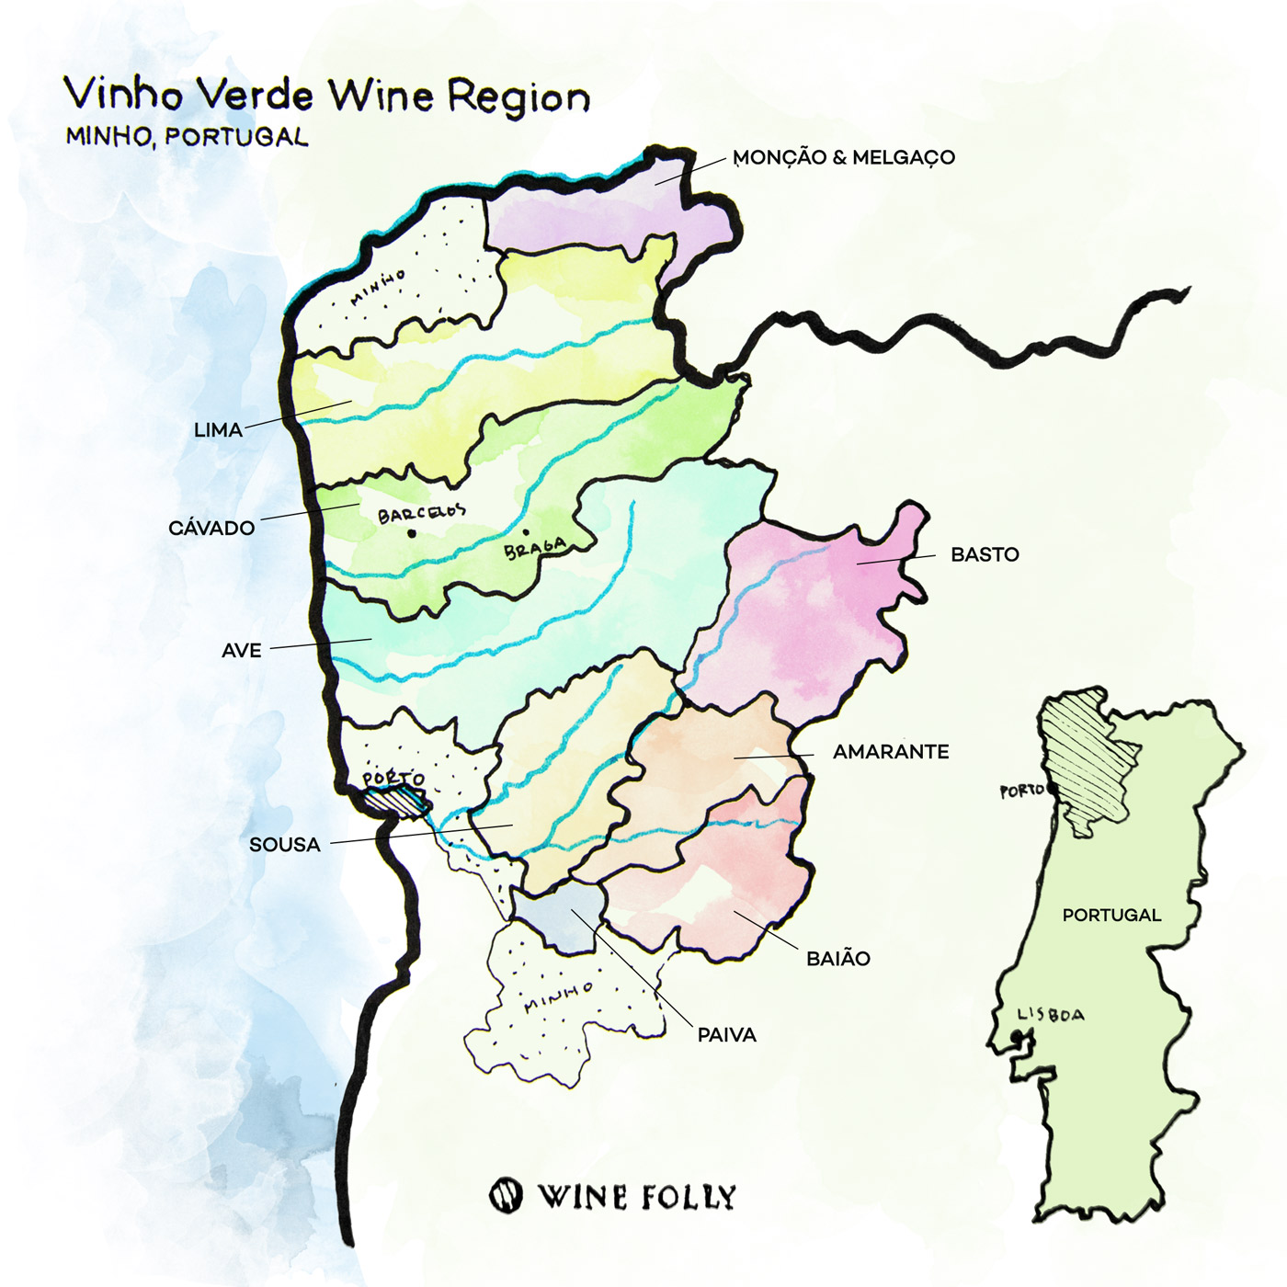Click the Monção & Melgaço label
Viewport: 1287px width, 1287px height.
844,157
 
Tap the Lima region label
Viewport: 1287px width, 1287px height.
218,429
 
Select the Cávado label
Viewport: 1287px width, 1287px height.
211,528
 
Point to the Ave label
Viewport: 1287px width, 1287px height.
242,650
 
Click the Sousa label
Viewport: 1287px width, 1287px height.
284,844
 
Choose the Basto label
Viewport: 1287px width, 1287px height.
985,554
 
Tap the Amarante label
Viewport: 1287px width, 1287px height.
890,751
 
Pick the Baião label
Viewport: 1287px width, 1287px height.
837,958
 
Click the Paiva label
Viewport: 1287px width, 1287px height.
726,1034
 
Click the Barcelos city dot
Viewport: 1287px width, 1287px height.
412,533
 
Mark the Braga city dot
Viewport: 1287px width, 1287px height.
526,531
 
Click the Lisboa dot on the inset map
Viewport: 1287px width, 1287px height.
1016,1038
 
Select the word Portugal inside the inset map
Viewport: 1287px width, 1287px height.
1111,915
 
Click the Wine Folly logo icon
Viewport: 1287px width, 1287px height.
506,1195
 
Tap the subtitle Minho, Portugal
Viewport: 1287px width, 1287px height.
187,137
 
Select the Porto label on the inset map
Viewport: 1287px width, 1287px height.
1021,791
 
